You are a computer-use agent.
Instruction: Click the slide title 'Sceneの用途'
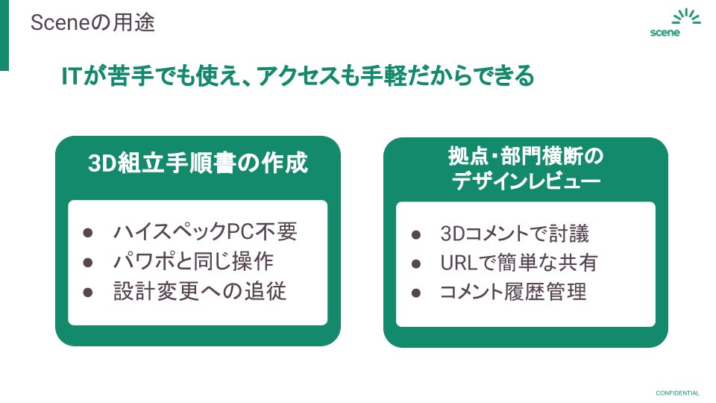point(92,22)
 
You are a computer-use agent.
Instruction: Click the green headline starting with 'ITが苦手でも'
point(298,75)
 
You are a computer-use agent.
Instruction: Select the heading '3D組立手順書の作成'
point(198,163)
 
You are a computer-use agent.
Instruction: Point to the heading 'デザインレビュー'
point(526,181)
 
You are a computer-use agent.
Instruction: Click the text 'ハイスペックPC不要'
point(205,231)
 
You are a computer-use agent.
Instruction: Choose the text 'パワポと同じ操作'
point(193,261)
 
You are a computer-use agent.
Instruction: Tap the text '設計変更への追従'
point(200,291)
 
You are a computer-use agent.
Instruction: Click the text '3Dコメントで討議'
point(515,234)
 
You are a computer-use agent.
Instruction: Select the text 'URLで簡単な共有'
point(518,263)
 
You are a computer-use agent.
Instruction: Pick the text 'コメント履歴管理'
point(514,292)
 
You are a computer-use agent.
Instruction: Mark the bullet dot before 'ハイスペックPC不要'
point(87,232)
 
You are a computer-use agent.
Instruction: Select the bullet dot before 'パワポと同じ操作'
point(87,262)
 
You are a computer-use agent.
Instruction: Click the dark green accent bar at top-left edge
point(4,35)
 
